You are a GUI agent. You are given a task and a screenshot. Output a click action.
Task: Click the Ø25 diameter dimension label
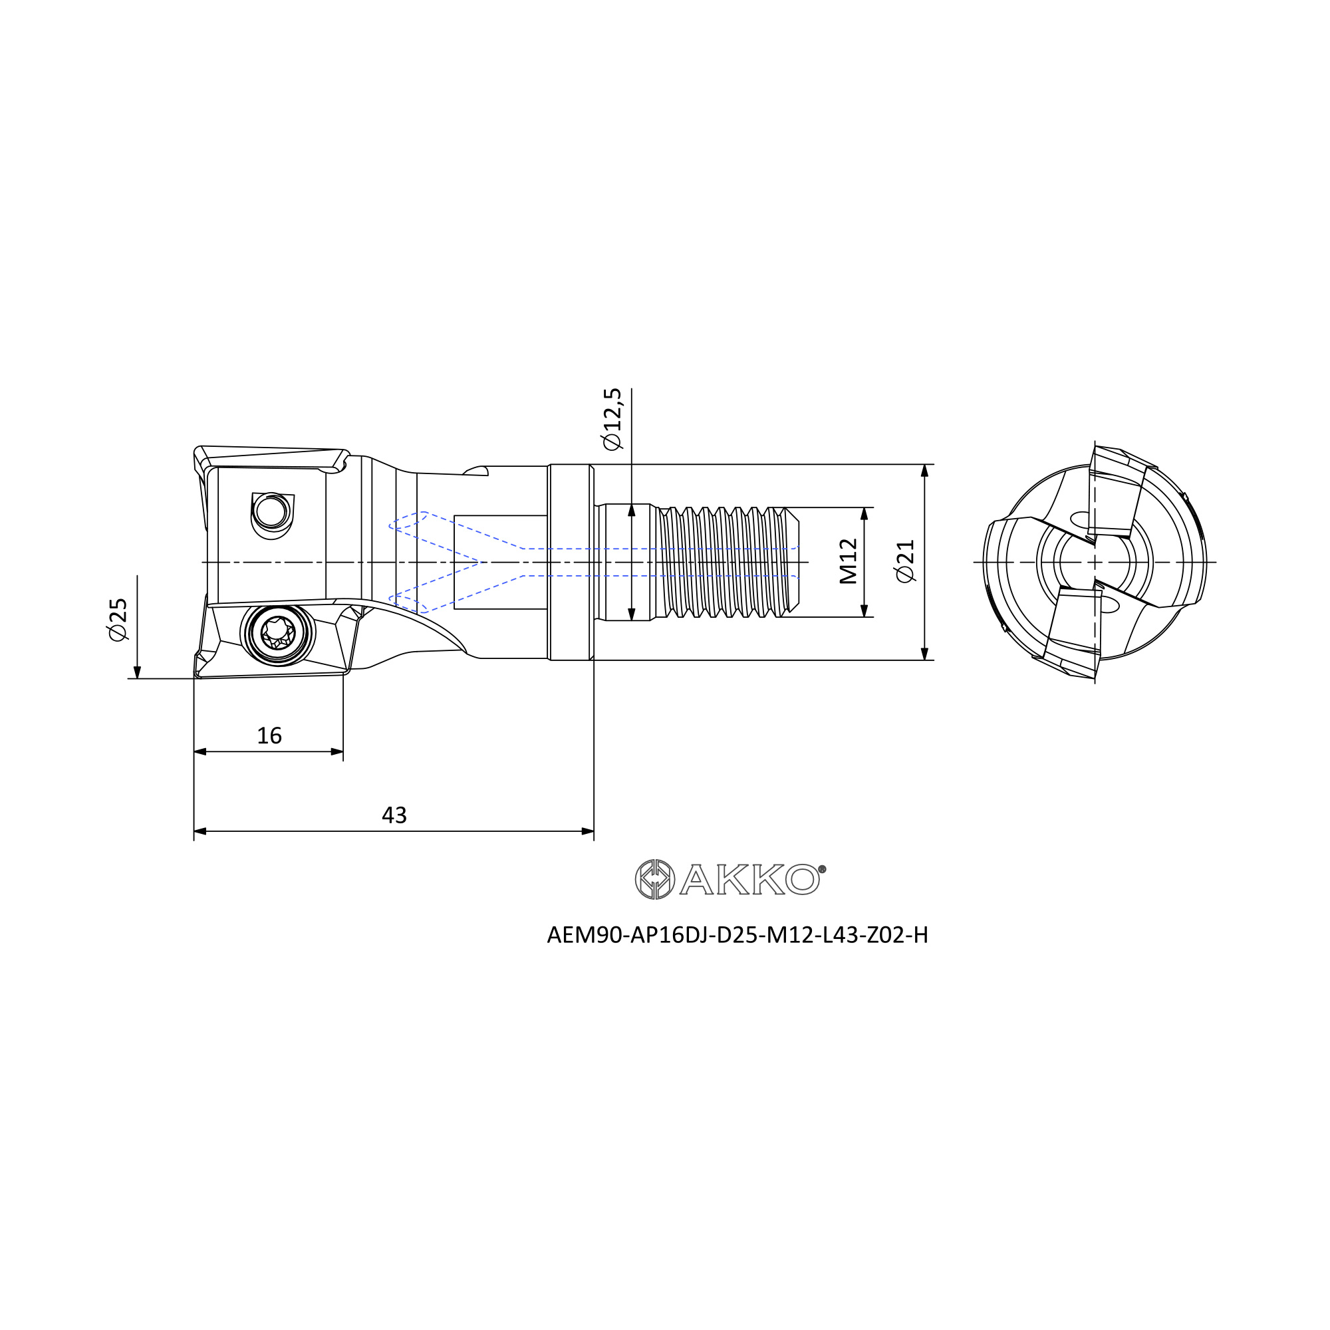point(118,620)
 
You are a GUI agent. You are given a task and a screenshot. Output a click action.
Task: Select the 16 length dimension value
point(269,736)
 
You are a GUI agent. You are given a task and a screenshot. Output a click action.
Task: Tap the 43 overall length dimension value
point(394,816)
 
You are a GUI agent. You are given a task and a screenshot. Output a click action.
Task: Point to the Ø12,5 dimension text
point(612,419)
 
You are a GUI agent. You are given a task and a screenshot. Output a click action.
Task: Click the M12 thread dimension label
point(849,562)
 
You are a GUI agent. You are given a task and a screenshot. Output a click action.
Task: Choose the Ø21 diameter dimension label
point(906,561)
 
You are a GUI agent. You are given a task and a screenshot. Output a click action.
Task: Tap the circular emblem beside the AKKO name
point(654,879)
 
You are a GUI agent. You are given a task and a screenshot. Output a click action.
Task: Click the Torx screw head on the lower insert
point(278,632)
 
